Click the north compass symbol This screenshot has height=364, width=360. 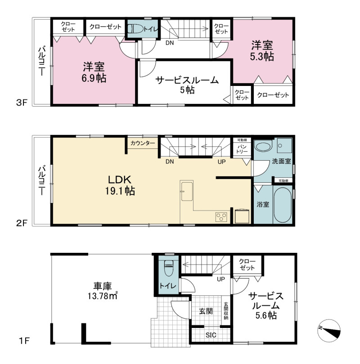click(x=328, y=331)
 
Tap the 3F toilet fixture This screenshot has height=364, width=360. click(x=135, y=29)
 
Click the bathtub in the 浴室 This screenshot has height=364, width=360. click(x=283, y=204)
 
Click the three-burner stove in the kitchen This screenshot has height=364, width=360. click(x=221, y=217)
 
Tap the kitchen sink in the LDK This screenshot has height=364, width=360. click(x=187, y=191)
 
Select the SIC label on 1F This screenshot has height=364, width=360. click(x=211, y=335)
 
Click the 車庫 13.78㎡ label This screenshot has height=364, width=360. click(x=102, y=291)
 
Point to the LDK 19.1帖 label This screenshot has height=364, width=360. click(x=120, y=185)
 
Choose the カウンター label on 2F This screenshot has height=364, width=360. click(x=143, y=143)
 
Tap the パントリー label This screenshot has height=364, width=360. click(x=242, y=149)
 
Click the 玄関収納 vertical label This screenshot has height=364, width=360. click(x=226, y=311)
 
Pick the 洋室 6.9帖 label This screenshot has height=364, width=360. click(x=94, y=72)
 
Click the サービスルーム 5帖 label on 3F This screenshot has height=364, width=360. click(x=187, y=85)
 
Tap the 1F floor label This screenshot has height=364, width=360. click(x=24, y=341)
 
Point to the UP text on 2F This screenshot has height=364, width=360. click(x=222, y=162)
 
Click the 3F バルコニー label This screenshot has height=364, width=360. click(x=42, y=61)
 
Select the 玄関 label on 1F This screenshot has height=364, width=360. click(x=206, y=311)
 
